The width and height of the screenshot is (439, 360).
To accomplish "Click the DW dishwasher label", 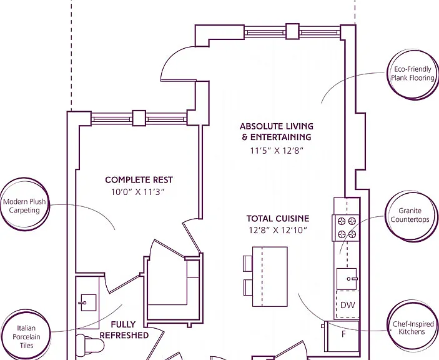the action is point(347,305).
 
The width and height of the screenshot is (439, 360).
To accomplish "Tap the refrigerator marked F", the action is point(342,336).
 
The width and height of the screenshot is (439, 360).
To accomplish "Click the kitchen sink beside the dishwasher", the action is point(347,279).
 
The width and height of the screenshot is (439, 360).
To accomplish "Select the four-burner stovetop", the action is point(346,227).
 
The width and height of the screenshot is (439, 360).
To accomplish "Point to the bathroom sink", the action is point(88,302).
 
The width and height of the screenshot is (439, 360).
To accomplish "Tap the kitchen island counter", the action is point(270,276).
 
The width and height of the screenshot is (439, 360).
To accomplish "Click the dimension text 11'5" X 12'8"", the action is point(277,151).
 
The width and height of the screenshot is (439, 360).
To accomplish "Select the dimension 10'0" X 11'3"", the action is point(138,192).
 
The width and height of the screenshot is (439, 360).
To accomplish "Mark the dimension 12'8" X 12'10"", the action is point(278,230).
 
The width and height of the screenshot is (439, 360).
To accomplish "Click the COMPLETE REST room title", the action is point(139,179).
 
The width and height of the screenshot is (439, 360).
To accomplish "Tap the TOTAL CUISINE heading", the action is point(278,218).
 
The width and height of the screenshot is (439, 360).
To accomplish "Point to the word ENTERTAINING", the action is point(281,137).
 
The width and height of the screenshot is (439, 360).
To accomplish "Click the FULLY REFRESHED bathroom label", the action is point(124,330).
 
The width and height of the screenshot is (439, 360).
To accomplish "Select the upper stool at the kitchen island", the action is point(248,264).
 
